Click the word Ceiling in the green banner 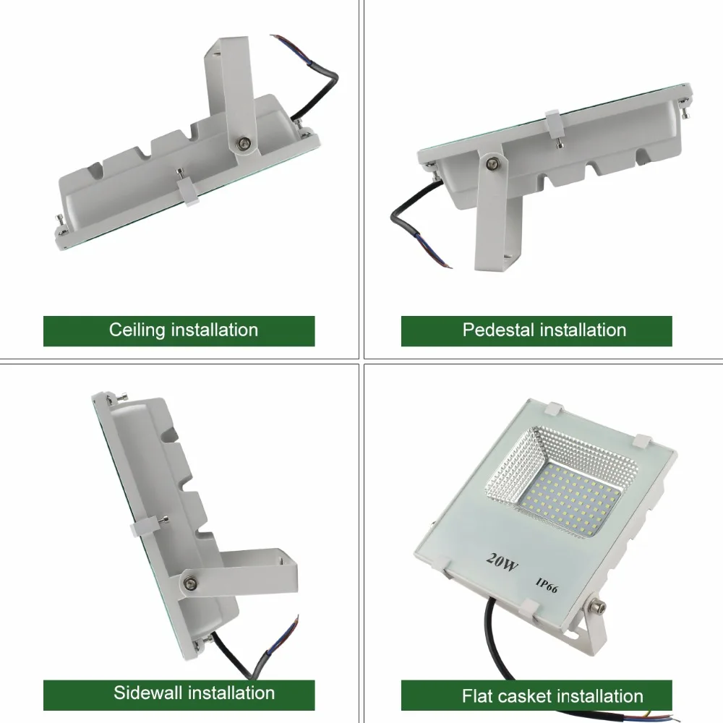pyautogui.click(x=137, y=330)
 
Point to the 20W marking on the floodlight pyautogui.click(x=502, y=562)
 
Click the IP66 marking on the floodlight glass pyautogui.click(x=547, y=585)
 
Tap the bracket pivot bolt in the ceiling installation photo pyautogui.click(x=243, y=144)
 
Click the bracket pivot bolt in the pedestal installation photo pyautogui.click(x=492, y=163)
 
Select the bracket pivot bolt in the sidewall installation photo pyautogui.click(x=189, y=583)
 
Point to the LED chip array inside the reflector pyautogui.click(x=570, y=497)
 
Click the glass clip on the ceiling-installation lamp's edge pyautogui.click(x=188, y=191)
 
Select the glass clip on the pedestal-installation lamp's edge pyautogui.click(x=552, y=124)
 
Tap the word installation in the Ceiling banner pyautogui.click(x=215, y=330)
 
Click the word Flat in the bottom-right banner pyautogui.click(x=477, y=696)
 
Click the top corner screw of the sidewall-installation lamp pyautogui.click(x=123, y=396)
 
